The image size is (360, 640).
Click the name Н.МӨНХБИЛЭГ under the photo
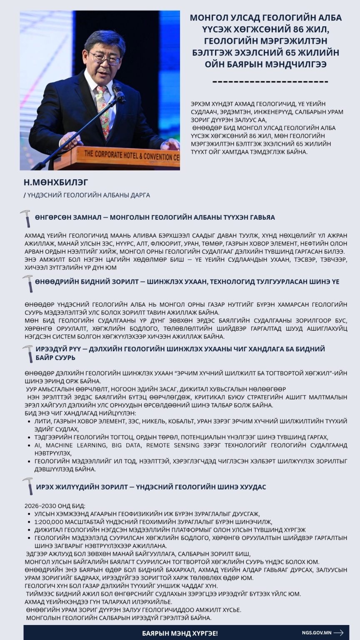point(56,182)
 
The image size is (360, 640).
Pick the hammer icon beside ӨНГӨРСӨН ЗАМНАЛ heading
point(26,218)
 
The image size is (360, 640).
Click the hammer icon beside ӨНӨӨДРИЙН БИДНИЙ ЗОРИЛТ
point(28,283)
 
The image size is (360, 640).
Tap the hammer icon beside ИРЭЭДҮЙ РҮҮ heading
point(28,353)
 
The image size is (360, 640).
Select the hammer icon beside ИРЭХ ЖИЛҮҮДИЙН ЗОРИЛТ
point(28,486)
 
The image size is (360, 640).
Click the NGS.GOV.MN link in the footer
point(317,632)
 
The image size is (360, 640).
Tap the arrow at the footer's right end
point(339,632)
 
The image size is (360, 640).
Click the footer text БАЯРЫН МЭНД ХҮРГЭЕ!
point(180,633)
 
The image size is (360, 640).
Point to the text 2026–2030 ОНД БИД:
point(55,506)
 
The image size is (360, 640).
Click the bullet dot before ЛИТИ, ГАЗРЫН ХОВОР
point(28,421)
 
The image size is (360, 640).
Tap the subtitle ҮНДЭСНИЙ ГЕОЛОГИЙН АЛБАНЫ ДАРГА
point(89,195)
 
